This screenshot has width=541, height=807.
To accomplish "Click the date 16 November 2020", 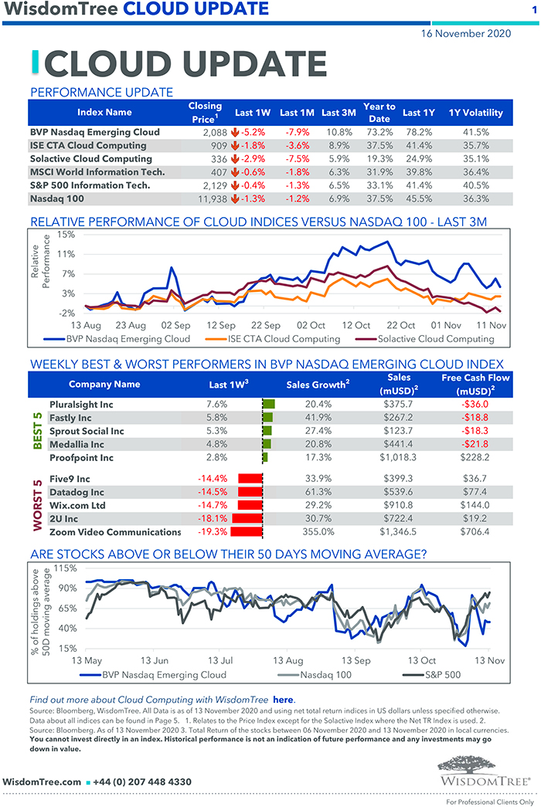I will pos(466,34).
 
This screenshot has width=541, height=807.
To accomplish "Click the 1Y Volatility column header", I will pos(475,113).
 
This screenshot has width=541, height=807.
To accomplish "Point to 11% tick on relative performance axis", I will pos(65,254).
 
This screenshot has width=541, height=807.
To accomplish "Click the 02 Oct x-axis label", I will pos(311,325).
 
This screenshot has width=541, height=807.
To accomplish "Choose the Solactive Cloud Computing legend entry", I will pos(435,338).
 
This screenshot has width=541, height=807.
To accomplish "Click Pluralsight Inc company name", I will pos(81,404).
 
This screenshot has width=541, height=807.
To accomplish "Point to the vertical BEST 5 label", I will pos(37,431).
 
